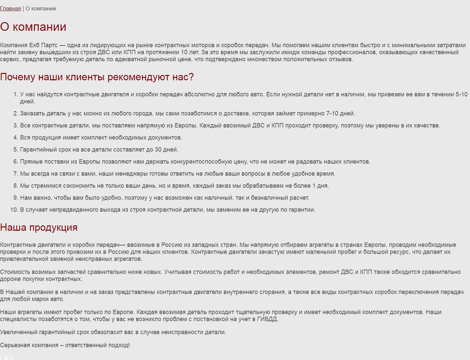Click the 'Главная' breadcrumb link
10,9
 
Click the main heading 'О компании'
33,27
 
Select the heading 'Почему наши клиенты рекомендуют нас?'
97,77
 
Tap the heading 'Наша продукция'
39,228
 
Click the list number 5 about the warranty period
15,150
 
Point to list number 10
14,210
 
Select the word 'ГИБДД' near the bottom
267,319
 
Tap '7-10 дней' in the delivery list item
340,113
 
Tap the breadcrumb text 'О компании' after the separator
41,9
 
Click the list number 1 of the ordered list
15,94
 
